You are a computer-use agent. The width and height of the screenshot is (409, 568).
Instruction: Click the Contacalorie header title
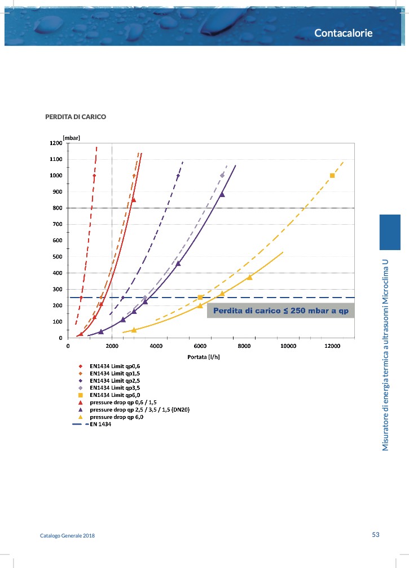click(343, 33)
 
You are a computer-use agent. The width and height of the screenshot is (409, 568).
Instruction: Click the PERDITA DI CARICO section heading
click(76, 117)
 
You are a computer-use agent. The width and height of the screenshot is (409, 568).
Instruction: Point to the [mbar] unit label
click(71, 137)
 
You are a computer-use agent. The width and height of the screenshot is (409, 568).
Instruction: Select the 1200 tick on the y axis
click(55, 143)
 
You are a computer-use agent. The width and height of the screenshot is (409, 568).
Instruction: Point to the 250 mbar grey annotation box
click(280, 311)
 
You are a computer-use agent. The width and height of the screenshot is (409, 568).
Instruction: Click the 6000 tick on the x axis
click(200, 346)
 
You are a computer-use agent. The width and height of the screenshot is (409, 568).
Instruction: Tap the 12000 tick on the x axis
click(332, 346)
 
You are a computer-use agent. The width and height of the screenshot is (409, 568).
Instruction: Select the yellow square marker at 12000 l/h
click(332, 176)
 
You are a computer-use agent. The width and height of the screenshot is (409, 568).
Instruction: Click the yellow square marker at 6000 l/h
click(200, 298)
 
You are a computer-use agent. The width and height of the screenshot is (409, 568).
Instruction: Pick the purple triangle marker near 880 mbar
click(222, 194)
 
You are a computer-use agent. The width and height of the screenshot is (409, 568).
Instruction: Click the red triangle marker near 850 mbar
click(134, 199)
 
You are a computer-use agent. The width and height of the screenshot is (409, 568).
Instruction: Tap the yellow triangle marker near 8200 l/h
click(249, 277)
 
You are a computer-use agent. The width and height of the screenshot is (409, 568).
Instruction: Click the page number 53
click(376, 535)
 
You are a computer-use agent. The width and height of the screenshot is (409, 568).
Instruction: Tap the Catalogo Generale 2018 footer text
click(67, 535)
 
